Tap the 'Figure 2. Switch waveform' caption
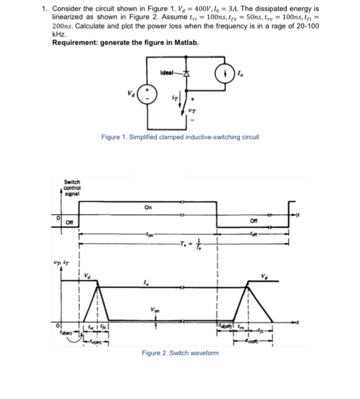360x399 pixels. [180, 353]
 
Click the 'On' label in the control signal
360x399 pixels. [148, 207]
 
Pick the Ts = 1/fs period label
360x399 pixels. [188, 243]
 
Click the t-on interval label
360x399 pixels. [150, 234]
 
